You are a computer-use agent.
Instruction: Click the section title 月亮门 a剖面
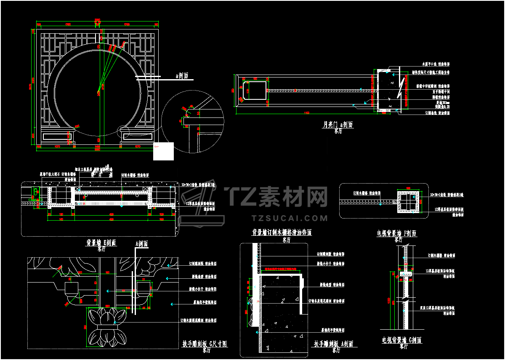click(x=338, y=125)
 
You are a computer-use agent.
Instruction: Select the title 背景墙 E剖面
click(x=101, y=243)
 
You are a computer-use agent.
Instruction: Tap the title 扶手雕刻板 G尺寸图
click(x=205, y=344)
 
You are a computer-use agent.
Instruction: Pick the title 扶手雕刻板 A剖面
click(x=333, y=344)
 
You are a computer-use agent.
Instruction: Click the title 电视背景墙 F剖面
click(x=397, y=233)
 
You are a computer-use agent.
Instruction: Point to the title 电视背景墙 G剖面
click(x=401, y=340)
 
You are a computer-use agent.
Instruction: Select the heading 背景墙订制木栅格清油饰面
click(x=282, y=232)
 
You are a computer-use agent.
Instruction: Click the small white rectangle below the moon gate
click(x=163, y=151)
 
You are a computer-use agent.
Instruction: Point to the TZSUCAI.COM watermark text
click(x=289, y=218)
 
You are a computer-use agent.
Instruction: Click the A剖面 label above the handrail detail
click(x=141, y=244)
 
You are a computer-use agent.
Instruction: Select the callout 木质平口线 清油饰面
click(x=436, y=64)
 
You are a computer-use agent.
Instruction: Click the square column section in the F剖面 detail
click(x=407, y=202)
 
